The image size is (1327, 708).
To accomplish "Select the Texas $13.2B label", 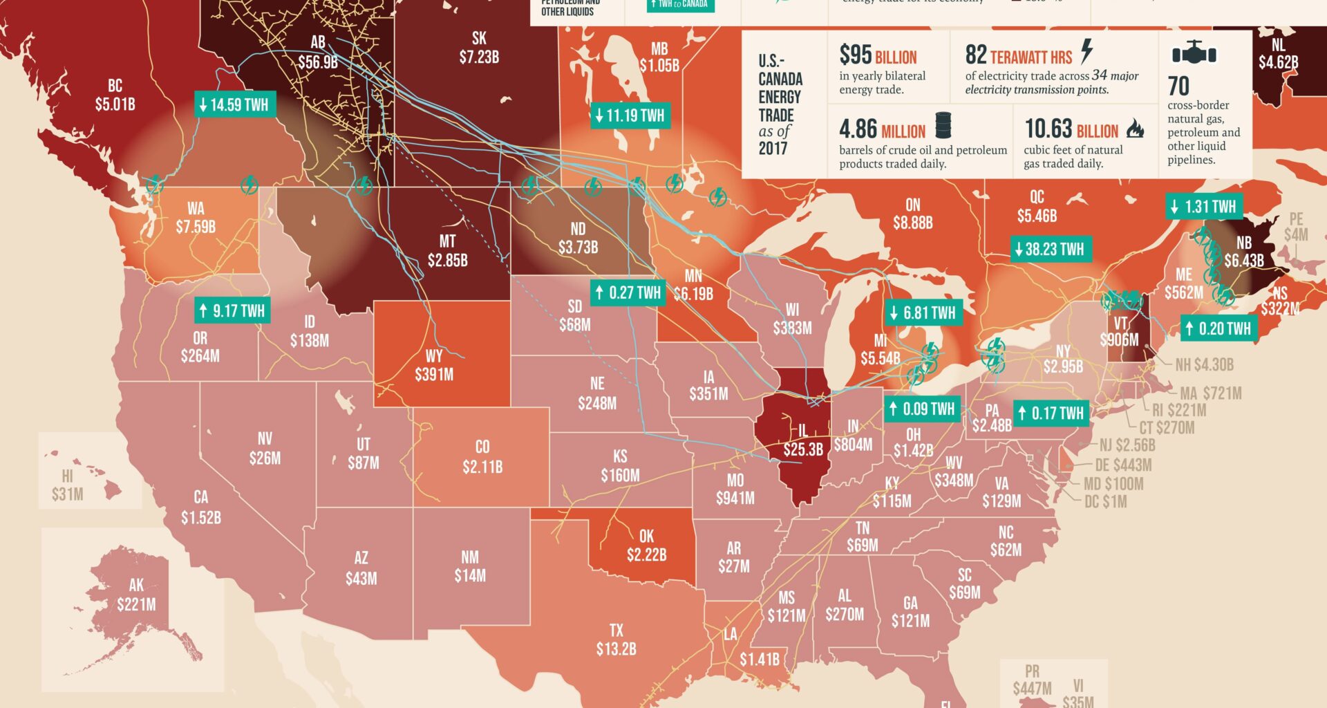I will point(616,640).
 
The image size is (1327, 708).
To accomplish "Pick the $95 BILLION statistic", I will point(878,55).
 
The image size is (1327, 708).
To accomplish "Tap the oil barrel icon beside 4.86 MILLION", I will point(943,126).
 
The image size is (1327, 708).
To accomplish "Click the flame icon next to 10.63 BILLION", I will point(1134,128).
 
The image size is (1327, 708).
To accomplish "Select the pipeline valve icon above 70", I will point(1194,53).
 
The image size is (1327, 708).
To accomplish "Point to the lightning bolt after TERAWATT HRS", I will point(1087,51).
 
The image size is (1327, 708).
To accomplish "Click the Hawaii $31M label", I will point(67,485).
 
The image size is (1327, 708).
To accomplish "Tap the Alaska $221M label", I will point(136,595).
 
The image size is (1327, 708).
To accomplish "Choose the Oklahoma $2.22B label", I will point(646,546).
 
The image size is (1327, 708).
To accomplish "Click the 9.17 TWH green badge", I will point(232,310).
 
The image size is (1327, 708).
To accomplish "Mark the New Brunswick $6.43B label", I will point(1243,252).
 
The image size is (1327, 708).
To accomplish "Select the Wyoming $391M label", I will point(434,366).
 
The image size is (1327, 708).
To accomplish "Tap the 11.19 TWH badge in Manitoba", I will point(629,115).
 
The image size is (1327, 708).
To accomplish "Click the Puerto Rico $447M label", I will point(1032,680).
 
